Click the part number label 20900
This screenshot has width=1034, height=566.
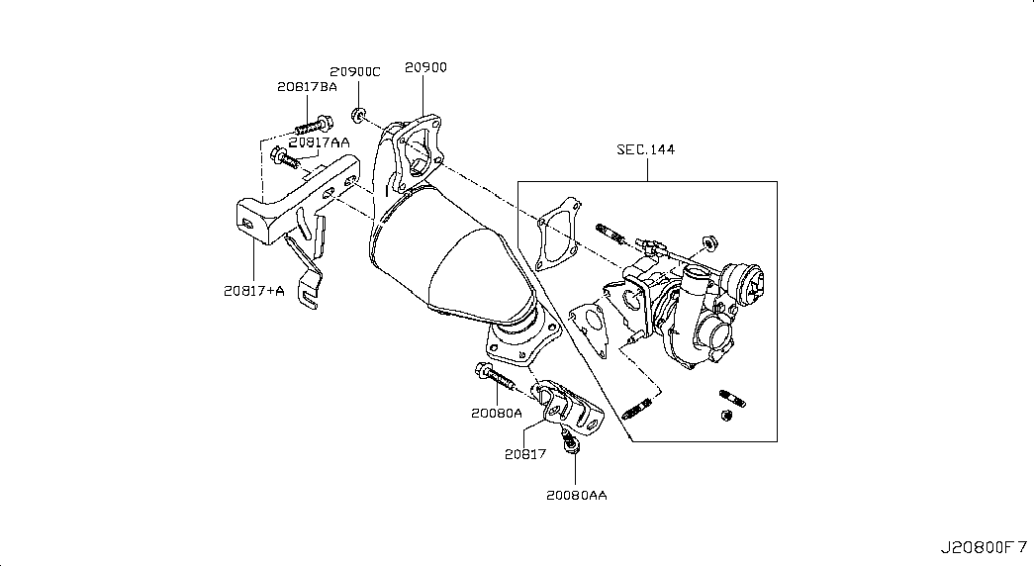[x=425, y=67]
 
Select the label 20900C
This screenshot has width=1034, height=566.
[x=355, y=72]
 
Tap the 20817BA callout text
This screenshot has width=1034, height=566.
[x=307, y=86]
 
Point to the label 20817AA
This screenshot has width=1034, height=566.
[x=320, y=142]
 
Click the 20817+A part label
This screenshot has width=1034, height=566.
[x=254, y=290]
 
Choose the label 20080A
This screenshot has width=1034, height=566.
[x=496, y=413]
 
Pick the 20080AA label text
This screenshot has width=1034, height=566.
[x=576, y=495]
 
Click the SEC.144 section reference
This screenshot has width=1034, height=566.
[x=645, y=149]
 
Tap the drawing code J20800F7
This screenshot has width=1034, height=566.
[x=984, y=547]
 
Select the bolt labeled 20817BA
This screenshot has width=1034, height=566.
[x=315, y=124]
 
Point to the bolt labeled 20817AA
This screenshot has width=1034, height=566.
[x=285, y=157]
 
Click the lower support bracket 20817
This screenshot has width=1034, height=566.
[x=568, y=407]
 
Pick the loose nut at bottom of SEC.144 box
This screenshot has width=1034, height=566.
[x=726, y=415]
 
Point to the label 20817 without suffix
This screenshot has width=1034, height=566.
[x=525, y=454]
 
